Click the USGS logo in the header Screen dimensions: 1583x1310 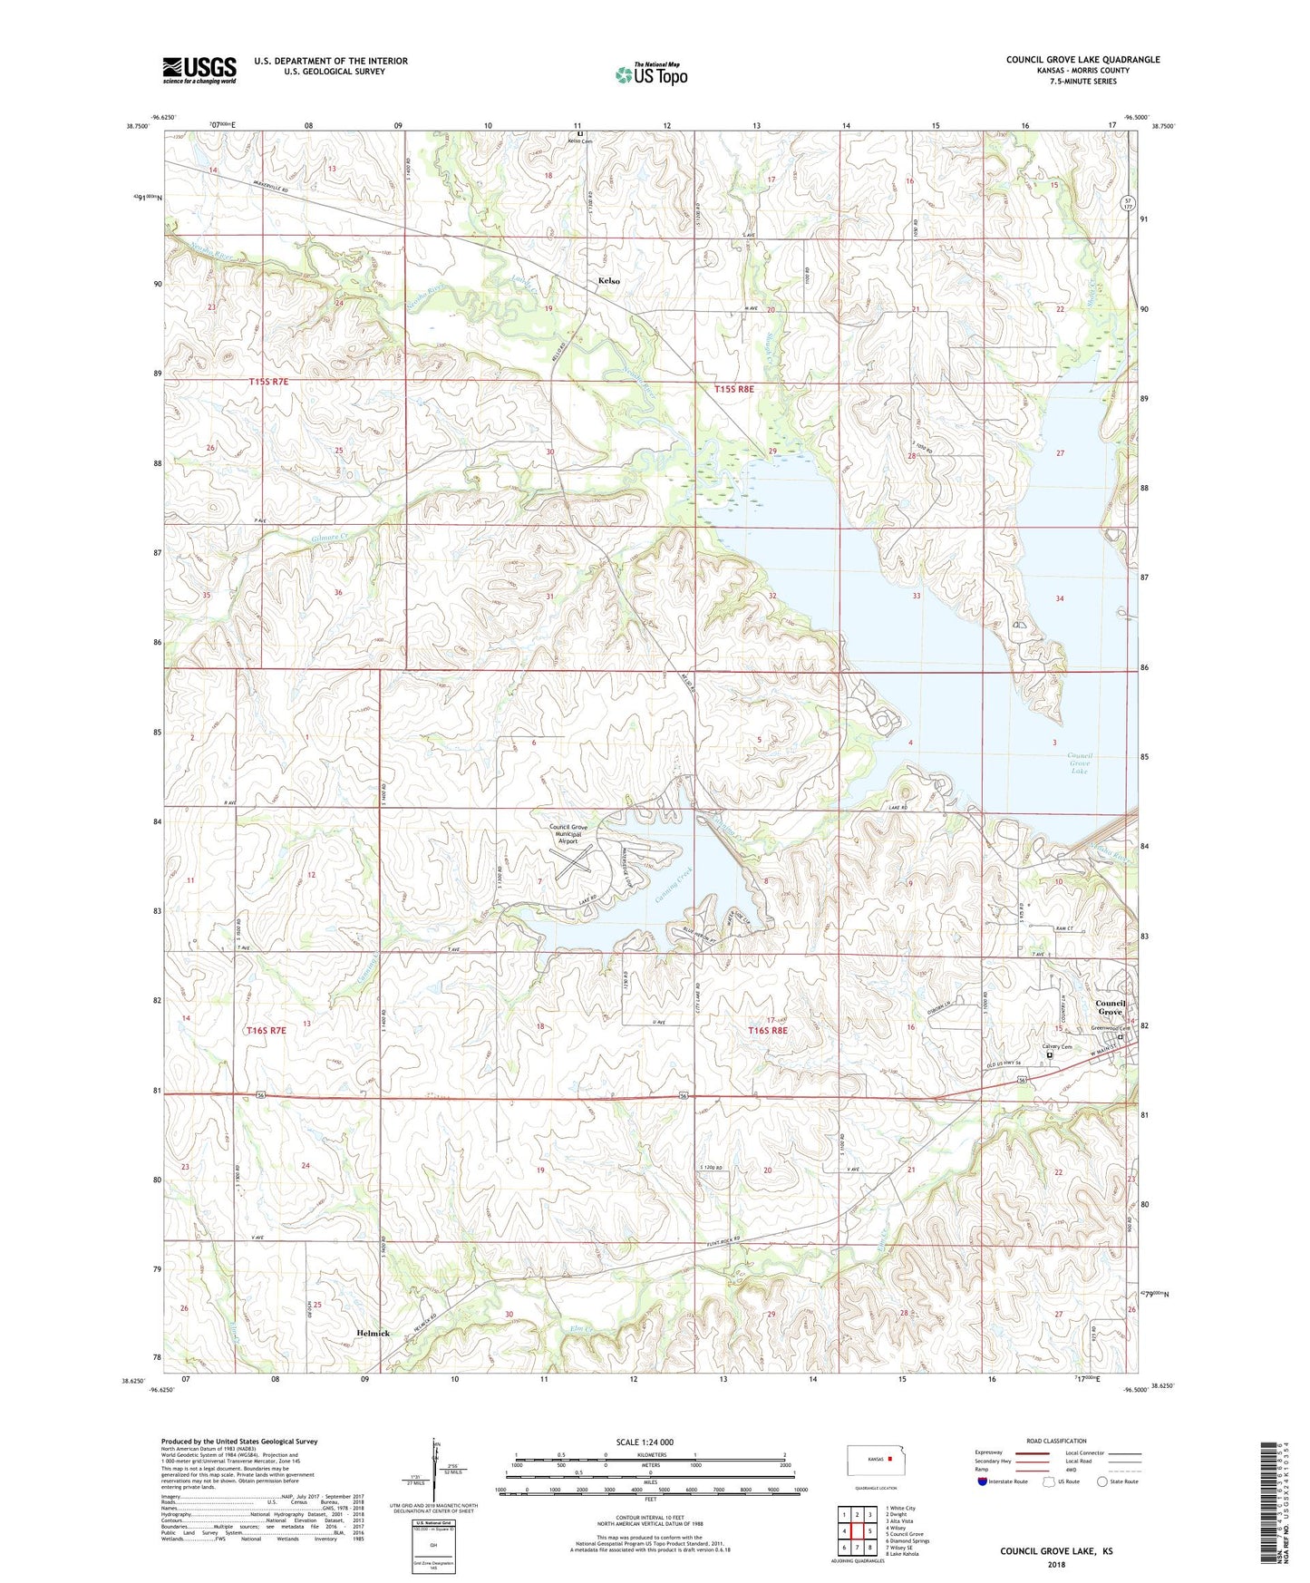[199, 70]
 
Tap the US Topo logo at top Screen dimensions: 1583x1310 [651, 74]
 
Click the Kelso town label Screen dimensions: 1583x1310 [609, 281]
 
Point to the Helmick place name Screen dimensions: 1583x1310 [373, 1333]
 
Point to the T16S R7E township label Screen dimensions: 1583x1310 [266, 1030]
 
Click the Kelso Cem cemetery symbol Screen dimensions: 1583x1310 [580, 134]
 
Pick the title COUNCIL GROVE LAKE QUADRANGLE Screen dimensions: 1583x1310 [1082, 60]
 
